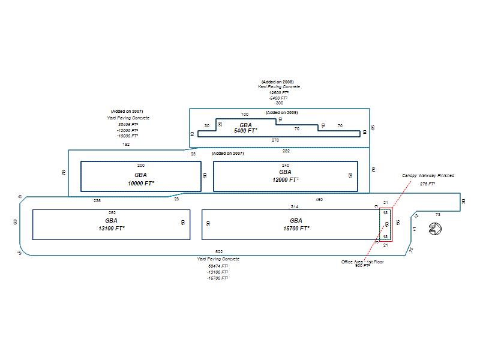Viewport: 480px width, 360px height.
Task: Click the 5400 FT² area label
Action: click(x=245, y=130)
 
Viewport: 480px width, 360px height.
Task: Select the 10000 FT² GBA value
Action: click(x=141, y=183)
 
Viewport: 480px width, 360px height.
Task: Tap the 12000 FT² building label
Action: click(x=285, y=179)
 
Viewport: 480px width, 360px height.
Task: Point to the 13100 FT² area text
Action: click(x=111, y=229)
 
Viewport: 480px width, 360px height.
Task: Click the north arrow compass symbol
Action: click(x=436, y=229)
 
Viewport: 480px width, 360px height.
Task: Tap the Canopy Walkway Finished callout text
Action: click(x=428, y=176)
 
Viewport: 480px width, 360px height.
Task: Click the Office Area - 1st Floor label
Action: click(x=361, y=262)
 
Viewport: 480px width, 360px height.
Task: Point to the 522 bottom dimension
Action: click(x=219, y=252)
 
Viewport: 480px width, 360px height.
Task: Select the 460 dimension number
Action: click(x=319, y=199)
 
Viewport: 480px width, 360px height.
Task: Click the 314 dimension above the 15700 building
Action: click(x=295, y=206)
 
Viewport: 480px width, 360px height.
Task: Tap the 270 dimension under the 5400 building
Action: click(x=275, y=140)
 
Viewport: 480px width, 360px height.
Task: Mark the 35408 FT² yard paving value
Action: click(x=128, y=124)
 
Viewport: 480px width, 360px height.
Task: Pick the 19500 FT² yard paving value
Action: click(x=279, y=92)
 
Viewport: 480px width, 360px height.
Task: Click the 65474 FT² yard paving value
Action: click(x=218, y=265)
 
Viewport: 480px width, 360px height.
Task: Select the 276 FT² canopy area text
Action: click(x=427, y=184)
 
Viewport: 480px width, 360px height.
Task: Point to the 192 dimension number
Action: click(x=126, y=144)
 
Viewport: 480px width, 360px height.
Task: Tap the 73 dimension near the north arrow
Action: click(x=438, y=214)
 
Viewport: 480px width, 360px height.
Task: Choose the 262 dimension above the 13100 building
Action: click(x=112, y=213)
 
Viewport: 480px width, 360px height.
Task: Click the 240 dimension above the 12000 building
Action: click(x=286, y=164)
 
